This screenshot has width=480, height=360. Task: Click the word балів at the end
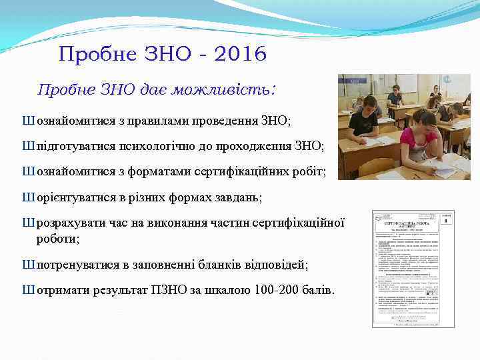319,291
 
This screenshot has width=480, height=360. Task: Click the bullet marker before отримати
27,291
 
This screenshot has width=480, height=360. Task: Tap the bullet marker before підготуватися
27,147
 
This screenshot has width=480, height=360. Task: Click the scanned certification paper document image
413,269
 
